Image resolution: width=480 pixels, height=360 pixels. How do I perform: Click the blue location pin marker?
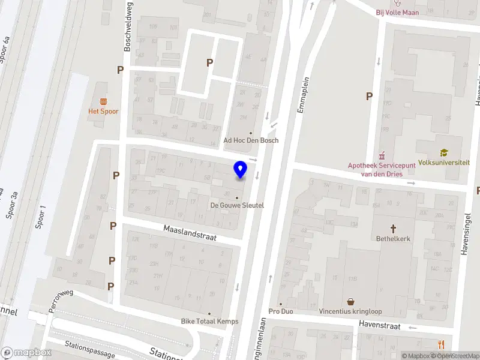(240, 170)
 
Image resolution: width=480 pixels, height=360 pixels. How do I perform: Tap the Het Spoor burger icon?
(103, 100)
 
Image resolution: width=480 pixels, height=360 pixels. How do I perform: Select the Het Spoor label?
(103, 111)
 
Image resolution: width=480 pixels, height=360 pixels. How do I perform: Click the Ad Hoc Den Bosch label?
(251, 140)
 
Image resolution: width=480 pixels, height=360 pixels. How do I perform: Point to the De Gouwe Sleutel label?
(237, 205)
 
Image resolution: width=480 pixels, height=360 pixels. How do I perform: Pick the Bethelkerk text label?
(394, 238)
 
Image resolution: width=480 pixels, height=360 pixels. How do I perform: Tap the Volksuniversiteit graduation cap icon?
(443, 153)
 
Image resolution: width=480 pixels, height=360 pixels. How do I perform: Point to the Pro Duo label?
(281, 311)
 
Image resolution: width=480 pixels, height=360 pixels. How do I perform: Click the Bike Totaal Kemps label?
(209, 321)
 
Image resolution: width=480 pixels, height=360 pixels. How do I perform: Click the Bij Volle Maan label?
(397, 11)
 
